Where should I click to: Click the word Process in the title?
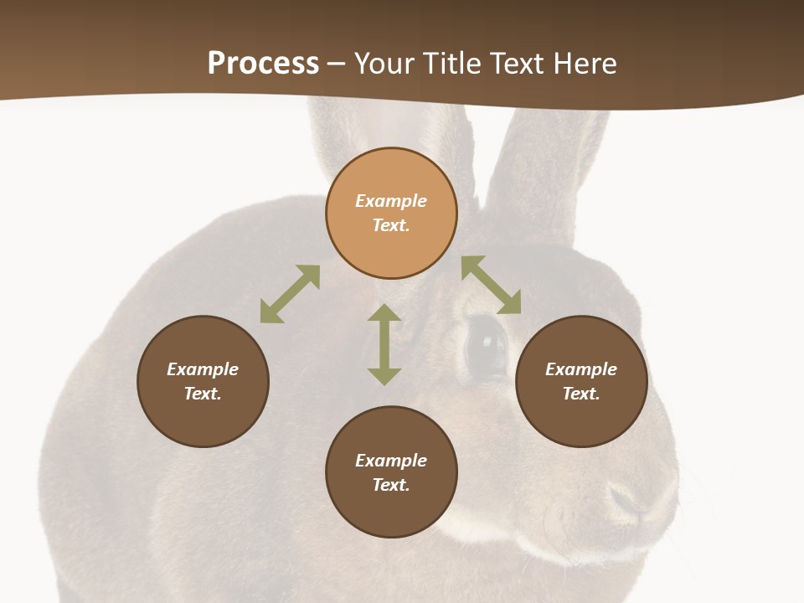(x=263, y=64)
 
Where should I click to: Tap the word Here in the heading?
(x=583, y=64)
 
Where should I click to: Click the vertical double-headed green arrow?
(x=384, y=344)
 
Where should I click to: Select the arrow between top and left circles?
(x=290, y=294)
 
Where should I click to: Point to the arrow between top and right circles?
(x=491, y=285)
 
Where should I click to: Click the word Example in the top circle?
(x=391, y=201)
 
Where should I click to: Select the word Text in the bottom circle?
(x=391, y=485)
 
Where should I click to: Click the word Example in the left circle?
(x=203, y=369)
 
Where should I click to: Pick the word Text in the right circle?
(x=581, y=394)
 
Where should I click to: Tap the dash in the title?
(x=337, y=64)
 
